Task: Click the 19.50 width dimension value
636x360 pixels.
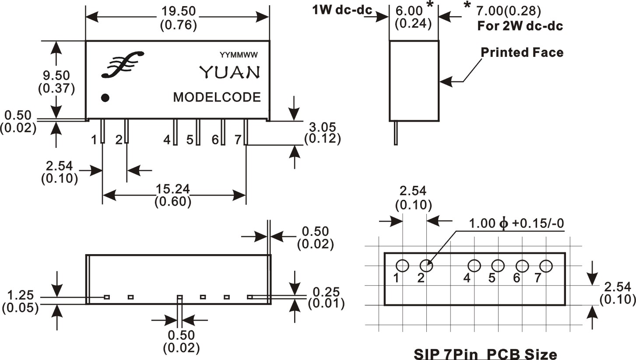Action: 179,11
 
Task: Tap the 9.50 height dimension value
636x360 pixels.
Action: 56,76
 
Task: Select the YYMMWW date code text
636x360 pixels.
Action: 239,55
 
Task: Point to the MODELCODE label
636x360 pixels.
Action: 217,97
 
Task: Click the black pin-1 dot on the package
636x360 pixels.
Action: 105,98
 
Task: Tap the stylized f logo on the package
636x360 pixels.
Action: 123,64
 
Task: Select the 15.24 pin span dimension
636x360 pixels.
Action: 173,189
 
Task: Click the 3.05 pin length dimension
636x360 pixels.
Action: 322,127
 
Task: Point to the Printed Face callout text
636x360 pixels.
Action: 522,52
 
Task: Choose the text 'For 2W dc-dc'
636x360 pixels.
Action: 520,26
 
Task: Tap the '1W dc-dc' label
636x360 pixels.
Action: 342,10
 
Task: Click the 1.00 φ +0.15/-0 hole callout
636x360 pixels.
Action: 517,224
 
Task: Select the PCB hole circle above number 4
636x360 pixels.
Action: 474,266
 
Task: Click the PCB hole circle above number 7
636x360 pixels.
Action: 546,266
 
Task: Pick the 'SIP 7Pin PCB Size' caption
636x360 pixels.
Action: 485,355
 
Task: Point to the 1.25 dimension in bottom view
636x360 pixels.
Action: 20,295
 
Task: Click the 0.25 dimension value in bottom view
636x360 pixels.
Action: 326,292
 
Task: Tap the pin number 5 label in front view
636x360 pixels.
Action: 190,140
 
